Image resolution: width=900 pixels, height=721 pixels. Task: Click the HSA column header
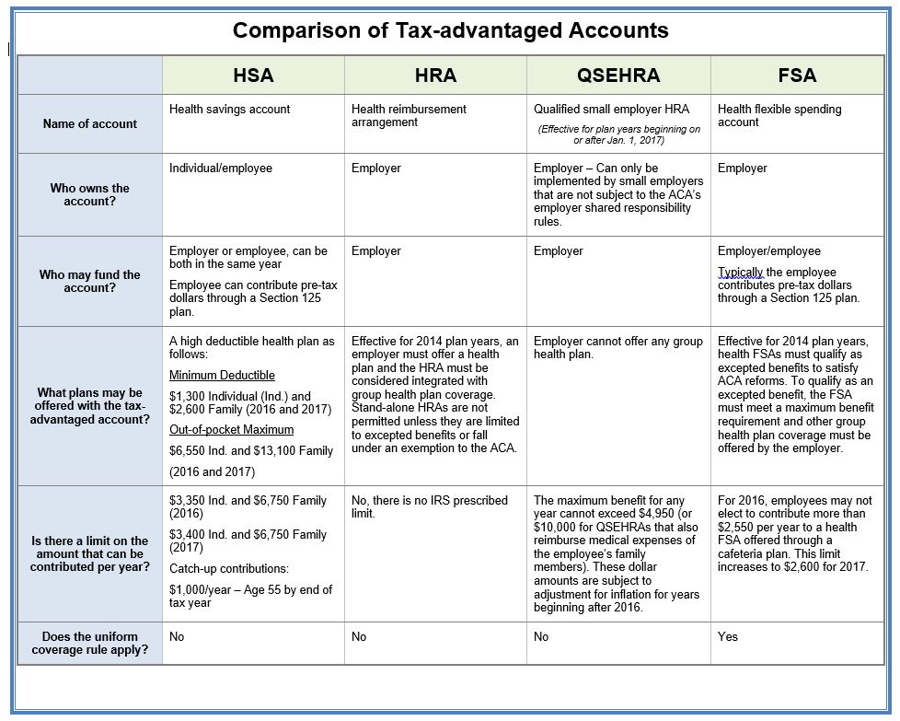(253, 76)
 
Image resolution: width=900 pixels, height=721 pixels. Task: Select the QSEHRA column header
(618, 76)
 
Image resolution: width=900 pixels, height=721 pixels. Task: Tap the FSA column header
(797, 76)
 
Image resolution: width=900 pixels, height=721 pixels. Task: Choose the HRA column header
(435, 76)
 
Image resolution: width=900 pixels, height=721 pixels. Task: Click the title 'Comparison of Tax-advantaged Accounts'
(450, 30)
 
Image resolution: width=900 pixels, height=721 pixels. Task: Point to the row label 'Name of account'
(90, 123)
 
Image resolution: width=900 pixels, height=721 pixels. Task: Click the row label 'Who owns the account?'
(90, 194)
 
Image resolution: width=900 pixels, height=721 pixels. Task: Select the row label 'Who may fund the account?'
(90, 281)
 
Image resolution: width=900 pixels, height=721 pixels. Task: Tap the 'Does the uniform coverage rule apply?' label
(90, 643)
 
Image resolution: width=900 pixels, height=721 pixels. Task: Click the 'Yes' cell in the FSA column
(728, 636)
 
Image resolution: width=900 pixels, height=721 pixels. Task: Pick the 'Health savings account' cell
(229, 109)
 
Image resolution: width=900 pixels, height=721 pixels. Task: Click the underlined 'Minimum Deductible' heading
(222, 376)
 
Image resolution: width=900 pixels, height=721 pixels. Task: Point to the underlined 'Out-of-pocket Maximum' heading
(231, 430)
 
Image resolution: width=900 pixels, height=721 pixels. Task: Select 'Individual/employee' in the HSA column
(221, 169)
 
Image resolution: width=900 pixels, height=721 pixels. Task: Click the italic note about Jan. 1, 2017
(618, 134)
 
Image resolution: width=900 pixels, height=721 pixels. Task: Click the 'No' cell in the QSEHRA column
(541, 636)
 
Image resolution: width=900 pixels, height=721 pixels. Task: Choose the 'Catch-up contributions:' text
(228, 569)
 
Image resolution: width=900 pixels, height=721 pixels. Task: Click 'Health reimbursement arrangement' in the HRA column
(409, 115)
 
